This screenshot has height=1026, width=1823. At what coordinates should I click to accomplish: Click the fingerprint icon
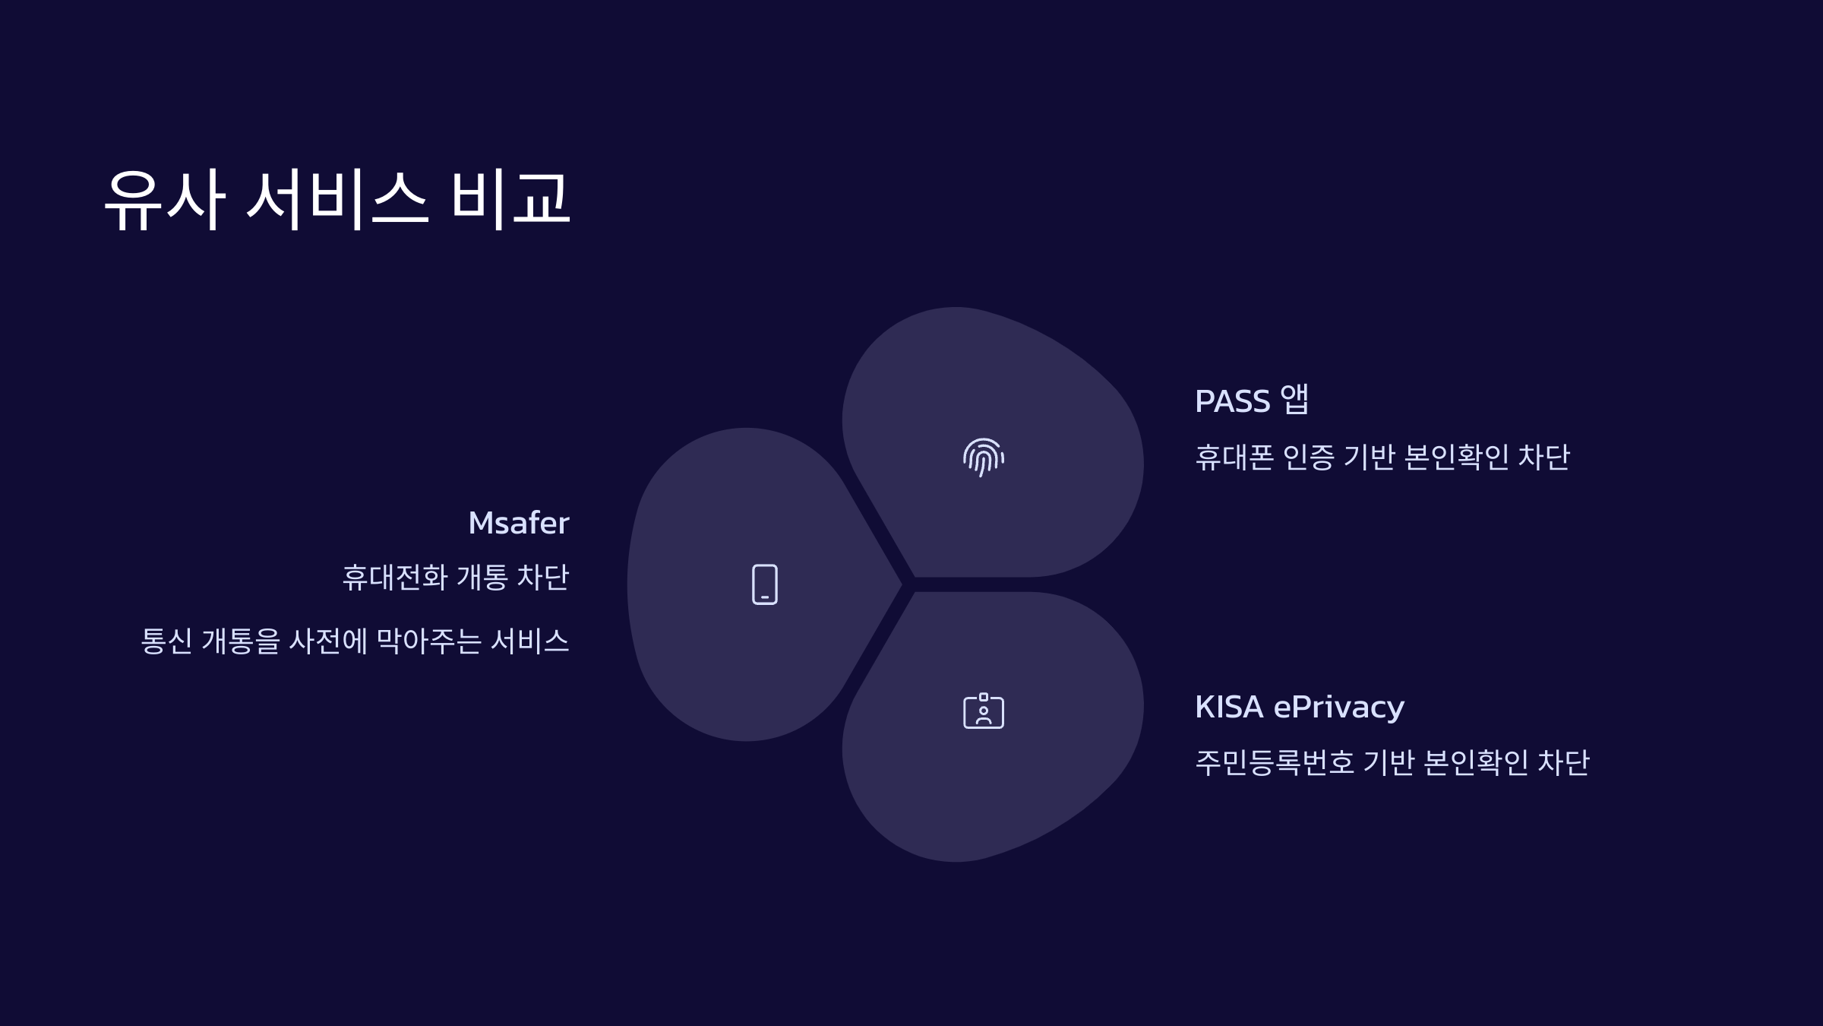[984, 458]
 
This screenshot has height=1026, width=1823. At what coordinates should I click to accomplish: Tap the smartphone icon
[765, 584]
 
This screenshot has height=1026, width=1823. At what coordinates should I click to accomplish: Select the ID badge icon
[984, 711]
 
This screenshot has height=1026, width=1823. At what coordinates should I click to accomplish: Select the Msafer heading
[519, 523]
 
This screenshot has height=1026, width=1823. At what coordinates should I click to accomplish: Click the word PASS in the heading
[1232, 401]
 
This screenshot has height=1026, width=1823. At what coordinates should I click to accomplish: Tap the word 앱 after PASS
[1294, 400]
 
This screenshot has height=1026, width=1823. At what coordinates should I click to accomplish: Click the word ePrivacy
[1338, 708]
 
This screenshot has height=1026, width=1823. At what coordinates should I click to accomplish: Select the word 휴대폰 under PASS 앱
[1234, 457]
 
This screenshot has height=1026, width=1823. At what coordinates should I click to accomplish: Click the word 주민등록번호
[1275, 762]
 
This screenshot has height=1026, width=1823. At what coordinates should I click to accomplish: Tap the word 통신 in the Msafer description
[166, 641]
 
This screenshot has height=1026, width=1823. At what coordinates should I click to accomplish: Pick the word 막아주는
[429, 641]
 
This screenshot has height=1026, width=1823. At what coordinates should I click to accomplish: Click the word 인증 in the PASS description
[1308, 457]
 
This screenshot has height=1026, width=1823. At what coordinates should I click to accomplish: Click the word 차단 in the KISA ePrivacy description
[1563, 762]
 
